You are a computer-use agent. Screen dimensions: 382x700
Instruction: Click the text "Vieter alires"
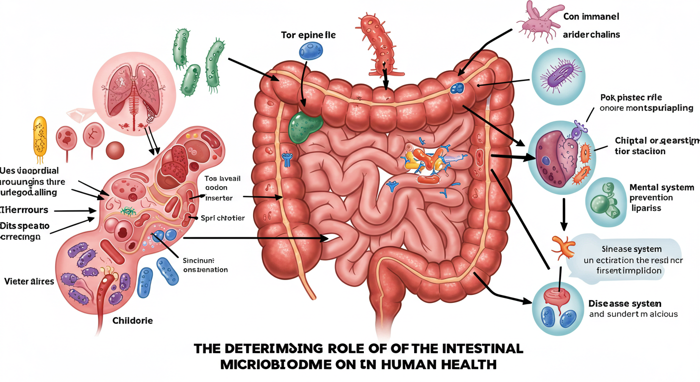coord(29,282)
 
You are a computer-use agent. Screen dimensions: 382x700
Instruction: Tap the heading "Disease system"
coord(625,303)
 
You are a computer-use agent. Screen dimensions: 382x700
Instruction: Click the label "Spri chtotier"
coord(223,218)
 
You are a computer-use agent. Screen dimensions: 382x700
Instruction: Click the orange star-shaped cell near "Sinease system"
coord(563,245)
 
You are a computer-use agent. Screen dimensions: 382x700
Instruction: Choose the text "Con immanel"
coord(591,16)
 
